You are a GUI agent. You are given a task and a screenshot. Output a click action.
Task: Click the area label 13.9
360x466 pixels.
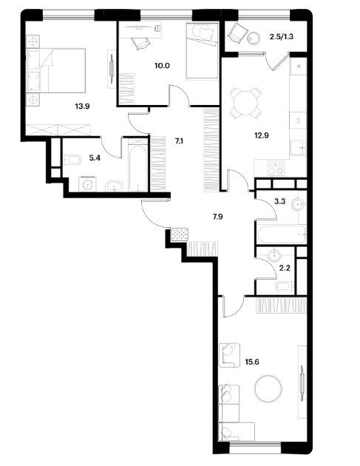coord(82,106)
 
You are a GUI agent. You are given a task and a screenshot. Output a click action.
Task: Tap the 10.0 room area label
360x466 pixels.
coord(162,66)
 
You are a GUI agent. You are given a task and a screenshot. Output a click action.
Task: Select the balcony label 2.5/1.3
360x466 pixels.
coord(282,37)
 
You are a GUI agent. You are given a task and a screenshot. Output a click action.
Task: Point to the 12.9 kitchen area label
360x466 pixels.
coord(262,135)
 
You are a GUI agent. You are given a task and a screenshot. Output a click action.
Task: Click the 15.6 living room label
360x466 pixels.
coord(252,362)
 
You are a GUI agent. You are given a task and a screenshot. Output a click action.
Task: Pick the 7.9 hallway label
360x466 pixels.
coord(217,217)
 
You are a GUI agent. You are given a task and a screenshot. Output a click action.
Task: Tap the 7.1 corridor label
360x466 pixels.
coord(179,141)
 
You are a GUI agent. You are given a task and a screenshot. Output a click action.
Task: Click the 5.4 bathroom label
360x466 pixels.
coord(95,158)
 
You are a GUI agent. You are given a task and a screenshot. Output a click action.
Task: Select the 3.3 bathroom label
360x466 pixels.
coord(279,201)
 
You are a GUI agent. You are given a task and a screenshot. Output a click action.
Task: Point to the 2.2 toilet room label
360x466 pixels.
coord(285,268)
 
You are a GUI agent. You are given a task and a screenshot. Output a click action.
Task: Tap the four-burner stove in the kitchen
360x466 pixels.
coord(276,168)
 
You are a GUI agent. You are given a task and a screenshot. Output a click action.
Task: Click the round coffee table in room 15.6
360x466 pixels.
coord(268,389)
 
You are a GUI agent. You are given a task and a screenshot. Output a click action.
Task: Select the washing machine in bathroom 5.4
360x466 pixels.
coord(88,184)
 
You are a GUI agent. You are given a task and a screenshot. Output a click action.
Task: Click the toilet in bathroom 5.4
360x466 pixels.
coord(72,160)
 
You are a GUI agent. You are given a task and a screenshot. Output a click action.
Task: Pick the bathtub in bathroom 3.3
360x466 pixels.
coord(282,234)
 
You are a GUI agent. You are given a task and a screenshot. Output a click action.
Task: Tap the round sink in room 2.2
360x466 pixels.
coord(274,255)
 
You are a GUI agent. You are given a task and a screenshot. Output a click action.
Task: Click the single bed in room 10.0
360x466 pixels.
coord(203,51)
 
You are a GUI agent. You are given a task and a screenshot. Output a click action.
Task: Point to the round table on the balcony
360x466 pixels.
coord(254,38)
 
